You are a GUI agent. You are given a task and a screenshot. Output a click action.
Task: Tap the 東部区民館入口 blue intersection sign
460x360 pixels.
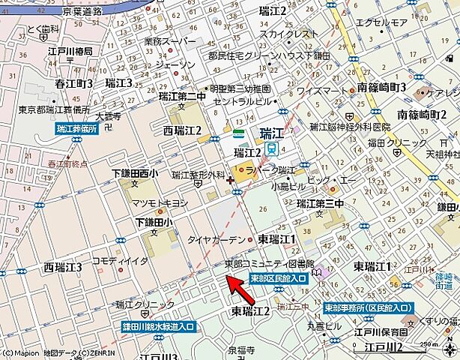pos(278,278)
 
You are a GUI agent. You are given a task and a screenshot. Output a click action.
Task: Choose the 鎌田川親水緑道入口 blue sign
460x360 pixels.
pos(158,327)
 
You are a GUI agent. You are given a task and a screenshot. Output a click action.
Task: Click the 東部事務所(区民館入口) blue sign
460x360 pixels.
pos(369,308)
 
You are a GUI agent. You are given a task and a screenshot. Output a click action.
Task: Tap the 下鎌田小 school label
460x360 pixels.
pos(154,222)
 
